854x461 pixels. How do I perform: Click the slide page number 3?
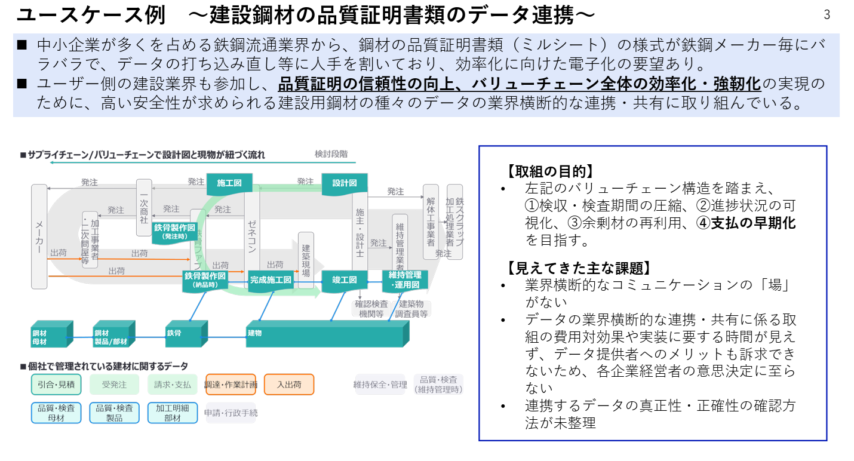pyautogui.click(x=827, y=16)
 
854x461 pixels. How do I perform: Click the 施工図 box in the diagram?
pyautogui.click(x=229, y=183)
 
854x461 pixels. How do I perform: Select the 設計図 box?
pyautogui.click(x=345, y=183)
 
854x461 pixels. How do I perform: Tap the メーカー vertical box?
pyautogui.click(x=39, y=236)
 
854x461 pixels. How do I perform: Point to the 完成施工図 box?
pyautogui.click(x=271, y=279)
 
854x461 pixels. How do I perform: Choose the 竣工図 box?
pyautogui.click(x=345, y=279)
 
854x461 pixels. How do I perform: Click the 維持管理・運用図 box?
pyautogui.click(x=405, y=279)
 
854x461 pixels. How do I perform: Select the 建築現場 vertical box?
pyautogui.click(x=306, y=260)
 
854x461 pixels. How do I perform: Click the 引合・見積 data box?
pyautogui.click(x=56, y=385)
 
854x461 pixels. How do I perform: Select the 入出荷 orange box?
pyautogui.click(x=289, y=385)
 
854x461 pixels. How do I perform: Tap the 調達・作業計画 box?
pyautogui.click(x=231, y=385)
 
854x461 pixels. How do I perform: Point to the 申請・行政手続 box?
pyautogui.click(x=231, y=413)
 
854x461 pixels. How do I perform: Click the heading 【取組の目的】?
pyautogui.click(x=549, y=171)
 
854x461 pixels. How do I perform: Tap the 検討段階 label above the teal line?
pyautogui.click(x=331, y=154)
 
